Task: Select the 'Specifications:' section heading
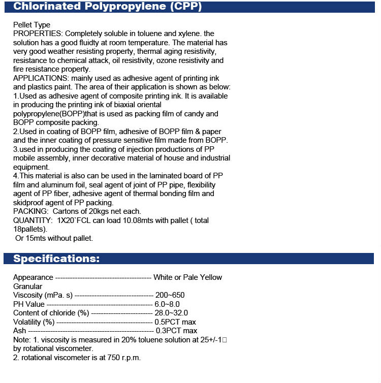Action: (x=56, y=259)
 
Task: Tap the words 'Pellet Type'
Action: (x=31, y=25)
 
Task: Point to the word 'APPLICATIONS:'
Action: (x=41, y=78)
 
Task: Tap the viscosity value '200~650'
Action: (x=170, y=295)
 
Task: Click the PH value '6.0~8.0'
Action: (x=167, y=304)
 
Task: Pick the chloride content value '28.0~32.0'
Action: (x=171, y=313)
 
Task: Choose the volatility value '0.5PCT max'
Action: (x=175, y=322)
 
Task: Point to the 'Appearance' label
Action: (x=33, y=277)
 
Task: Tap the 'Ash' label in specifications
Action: (x=19, y=331)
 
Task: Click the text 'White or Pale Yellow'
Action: (x=187, y=277)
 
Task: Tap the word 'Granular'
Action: (x=27, y=286)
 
